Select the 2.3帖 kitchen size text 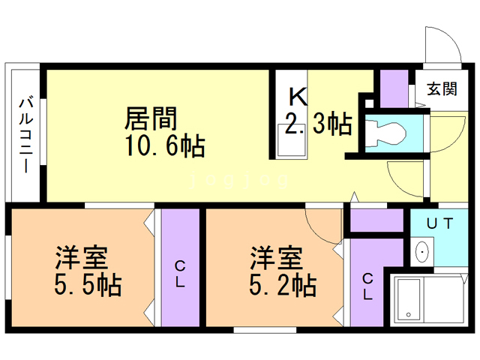pos(319,124)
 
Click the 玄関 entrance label pos(442,89)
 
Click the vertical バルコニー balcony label pos(25,134)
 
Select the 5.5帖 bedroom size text pos(88,286)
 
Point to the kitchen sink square pos(289,139)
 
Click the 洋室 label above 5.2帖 pos(275,258)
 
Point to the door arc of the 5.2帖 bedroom pos(320,222)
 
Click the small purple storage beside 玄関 pos(391,88)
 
